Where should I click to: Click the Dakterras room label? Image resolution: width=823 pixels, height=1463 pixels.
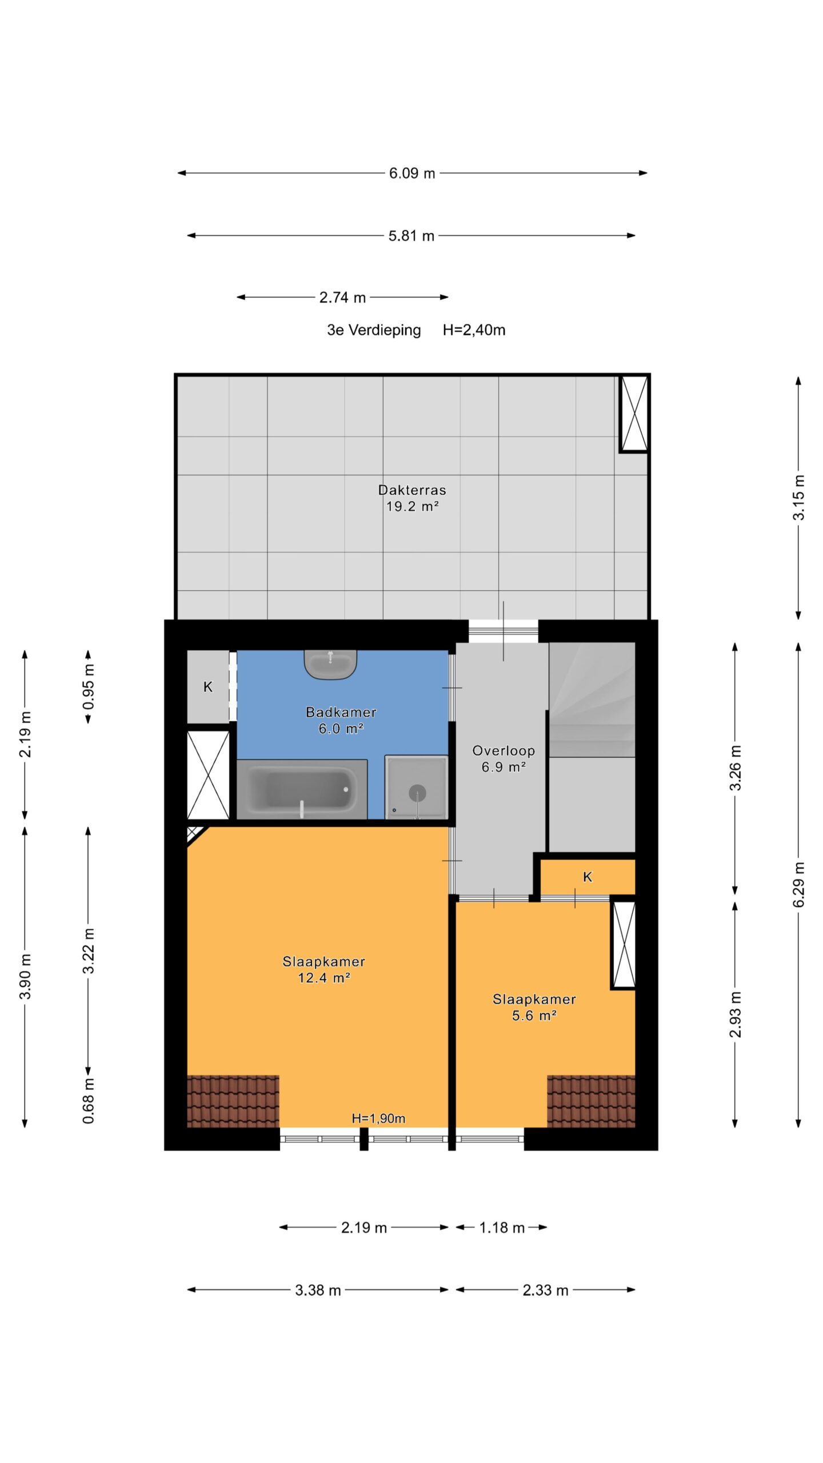(x=411, y=490)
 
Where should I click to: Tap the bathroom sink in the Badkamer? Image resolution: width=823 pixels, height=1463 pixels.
(x=330, y=664)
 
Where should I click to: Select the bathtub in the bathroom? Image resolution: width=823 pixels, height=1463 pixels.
(x=302, y=789)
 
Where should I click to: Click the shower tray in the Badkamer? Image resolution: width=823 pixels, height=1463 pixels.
(x=416, y=787)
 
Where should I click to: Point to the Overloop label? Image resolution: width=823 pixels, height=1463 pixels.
(x=504, y=750)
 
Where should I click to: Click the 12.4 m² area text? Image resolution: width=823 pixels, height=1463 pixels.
(x=323, y=978)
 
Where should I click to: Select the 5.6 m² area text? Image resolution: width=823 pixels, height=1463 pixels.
(x=534, y=1016)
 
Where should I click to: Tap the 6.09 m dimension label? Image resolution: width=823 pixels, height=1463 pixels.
(x=412, y=173)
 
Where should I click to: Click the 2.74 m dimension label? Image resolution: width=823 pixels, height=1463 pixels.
(x=342, y=297)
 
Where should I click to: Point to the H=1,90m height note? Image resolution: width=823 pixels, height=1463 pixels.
(x=378, y=1118)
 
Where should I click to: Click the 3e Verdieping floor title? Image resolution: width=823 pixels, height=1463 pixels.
(x=374, y=330)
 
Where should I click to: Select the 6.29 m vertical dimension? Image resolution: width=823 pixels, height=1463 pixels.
(x=798, y=885)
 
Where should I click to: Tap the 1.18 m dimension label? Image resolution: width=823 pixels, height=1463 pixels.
(x=502, y=1228)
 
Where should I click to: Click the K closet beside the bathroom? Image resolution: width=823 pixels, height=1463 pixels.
(x=208, y=686)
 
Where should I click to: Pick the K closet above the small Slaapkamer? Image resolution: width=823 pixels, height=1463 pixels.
(x=588, y=877)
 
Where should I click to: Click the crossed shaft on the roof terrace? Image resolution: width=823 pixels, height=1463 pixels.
(x=634, y=414)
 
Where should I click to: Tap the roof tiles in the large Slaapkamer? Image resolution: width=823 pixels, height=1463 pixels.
(x=233, y=1101)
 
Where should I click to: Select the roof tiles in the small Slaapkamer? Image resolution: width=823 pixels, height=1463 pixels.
(x=591, y=1101)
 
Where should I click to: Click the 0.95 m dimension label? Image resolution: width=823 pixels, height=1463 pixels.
(x=89, y=686)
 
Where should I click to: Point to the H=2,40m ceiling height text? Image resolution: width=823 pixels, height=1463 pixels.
(x=474, y=330)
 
